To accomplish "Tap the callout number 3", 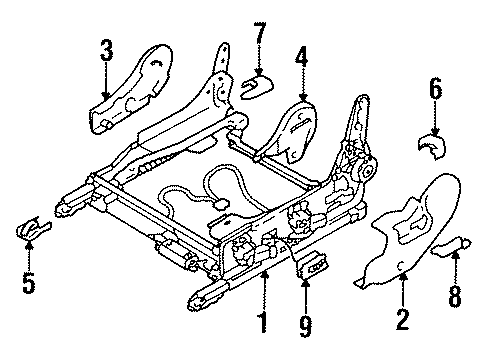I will tap(107, 50).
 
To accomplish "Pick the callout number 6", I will tap(434, 92).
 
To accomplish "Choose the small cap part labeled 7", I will tap(257, 86).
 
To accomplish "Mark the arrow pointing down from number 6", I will tap(434, 118).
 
